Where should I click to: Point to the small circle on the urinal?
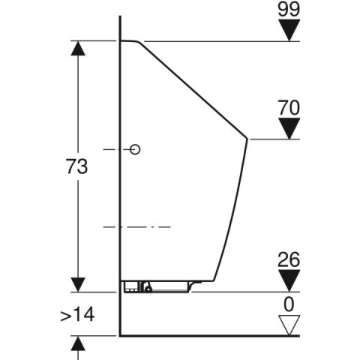136,149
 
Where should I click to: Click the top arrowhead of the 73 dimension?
77,49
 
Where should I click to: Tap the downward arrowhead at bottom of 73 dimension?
77,283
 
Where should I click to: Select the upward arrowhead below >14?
77,344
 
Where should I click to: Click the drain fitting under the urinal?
147,286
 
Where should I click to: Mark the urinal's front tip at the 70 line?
247,139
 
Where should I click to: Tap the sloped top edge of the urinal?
191,88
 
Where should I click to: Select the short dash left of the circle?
110,149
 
